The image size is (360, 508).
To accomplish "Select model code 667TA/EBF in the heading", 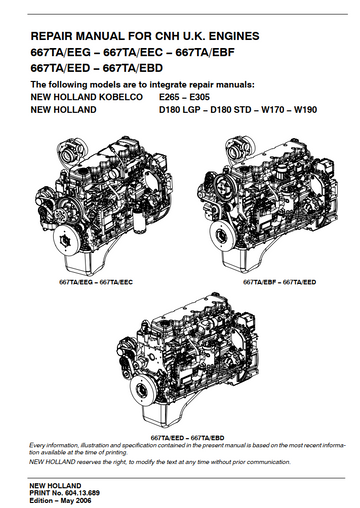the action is [205, 52].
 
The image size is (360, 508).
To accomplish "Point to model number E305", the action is [200, 97].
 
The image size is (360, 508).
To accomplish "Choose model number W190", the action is [305, 110].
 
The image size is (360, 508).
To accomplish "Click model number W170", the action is [272, 110].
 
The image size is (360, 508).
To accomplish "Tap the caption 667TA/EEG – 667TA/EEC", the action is [96, 282].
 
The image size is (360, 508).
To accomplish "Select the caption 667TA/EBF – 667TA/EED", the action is [279, 282].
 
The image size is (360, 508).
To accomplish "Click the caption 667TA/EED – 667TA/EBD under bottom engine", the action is [188, 438].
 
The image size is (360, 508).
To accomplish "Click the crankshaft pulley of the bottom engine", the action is [142, 392].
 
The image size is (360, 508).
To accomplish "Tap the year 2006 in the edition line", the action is [83, 501].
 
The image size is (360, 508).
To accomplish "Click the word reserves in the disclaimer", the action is [89, 462].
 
